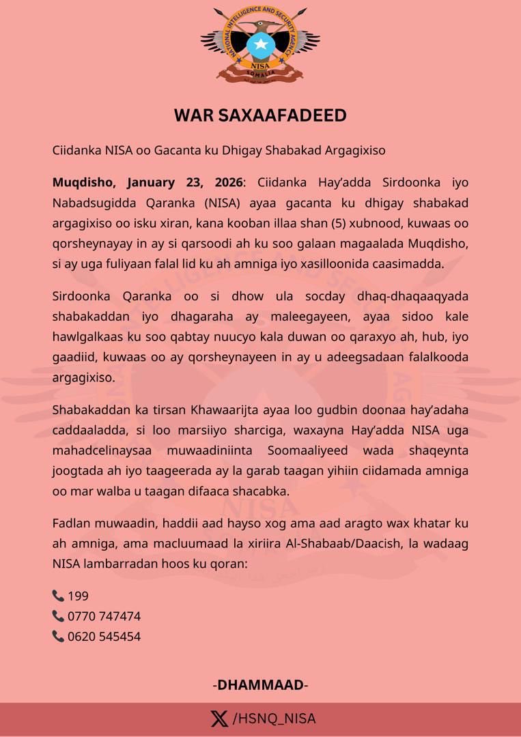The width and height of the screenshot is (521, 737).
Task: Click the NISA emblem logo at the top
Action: [x=260, y=46]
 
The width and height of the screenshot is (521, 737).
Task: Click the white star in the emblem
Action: [x=260, y=46]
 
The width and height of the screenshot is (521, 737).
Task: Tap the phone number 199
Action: [x=78, y=596]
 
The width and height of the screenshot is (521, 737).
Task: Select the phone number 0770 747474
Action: [x=104, y=616]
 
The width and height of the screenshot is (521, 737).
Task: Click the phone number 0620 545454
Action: [x=104, y=637]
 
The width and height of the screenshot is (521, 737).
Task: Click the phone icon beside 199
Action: [x=58, y=596]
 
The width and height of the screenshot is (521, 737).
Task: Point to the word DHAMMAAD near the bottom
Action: [x=260, y=685]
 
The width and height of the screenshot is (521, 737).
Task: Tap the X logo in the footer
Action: [x=219, y=719]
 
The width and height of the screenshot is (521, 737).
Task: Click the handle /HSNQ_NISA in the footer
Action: [x=274, y=719]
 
